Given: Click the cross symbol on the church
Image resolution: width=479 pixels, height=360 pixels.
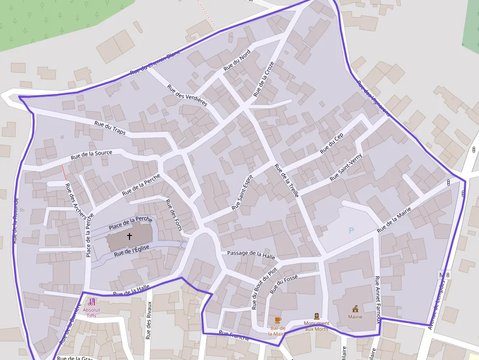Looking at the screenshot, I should [x=130, y=236].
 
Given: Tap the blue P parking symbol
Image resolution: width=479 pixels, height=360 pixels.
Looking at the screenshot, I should [x=351, y=231].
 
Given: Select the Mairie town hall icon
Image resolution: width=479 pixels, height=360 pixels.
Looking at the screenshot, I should [x=355, y=308].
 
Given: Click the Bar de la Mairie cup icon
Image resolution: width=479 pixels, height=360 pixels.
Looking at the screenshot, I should [x=278, y=320].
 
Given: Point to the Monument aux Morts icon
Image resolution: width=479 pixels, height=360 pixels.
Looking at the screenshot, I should [x=317, y=316].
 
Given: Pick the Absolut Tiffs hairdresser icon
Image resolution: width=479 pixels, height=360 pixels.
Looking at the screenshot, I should [x=91, y=302].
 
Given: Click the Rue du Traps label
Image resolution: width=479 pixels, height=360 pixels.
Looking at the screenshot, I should [x=110, y=128].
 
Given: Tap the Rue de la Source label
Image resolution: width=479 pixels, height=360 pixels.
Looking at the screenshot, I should [x=91, y=155].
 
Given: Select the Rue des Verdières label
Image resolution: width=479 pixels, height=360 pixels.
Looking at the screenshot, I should [x=187, y=95].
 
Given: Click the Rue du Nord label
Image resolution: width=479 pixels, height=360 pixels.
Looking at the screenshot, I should [x=237, y=61].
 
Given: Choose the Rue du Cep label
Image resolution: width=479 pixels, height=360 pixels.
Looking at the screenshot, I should [x=332, y=143].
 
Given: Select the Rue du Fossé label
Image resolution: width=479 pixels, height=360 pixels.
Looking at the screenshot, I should [x=283, y=284].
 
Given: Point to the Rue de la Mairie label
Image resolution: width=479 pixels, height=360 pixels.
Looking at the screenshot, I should [x=394, y=220].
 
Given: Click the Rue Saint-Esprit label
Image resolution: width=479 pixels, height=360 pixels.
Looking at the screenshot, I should [x=242, y=192].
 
